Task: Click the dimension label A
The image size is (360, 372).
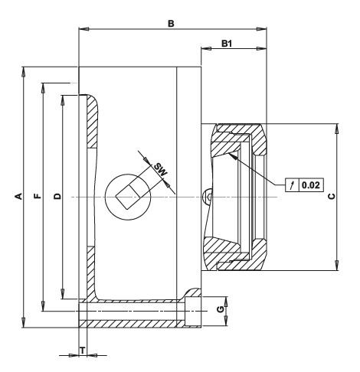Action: [18, 196]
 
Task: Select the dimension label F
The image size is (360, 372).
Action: [38, 196]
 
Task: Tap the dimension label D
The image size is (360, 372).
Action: [57, 196]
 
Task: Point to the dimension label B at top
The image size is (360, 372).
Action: [171, 24]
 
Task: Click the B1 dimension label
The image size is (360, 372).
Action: [227, 44]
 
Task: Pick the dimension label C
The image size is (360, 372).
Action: [332, 196]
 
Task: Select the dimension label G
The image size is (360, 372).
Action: [221, 309]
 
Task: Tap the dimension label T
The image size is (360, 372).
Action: [83, 351]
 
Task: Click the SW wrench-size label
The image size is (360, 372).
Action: [161, 169]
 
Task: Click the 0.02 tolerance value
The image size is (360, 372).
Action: [311, 184]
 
